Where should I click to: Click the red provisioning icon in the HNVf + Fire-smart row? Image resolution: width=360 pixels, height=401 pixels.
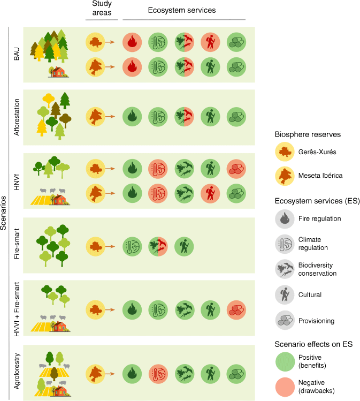236,310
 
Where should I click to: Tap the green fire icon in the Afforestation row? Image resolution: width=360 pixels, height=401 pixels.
132,117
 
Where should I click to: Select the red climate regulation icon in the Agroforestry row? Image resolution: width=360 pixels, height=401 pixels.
158,374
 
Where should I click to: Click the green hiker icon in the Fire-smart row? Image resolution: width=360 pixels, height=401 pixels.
184,246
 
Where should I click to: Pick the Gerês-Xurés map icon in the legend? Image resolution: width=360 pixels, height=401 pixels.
285,152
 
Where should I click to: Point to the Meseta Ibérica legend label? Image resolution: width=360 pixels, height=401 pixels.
320,176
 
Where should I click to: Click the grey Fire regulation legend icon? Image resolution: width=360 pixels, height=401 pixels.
285,218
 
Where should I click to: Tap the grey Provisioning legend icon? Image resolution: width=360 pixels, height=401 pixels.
285,320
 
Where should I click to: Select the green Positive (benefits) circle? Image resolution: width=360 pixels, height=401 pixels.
285,361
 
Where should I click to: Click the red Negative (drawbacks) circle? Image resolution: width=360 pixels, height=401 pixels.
285,387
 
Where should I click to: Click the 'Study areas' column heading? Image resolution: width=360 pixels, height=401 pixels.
102,8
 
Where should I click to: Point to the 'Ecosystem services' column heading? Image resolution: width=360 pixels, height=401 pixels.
182,10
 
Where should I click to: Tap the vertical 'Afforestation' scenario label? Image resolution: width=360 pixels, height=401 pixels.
17,117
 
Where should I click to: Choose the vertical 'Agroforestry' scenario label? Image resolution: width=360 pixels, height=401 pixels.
17,371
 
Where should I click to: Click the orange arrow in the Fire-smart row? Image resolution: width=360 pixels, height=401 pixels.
110,246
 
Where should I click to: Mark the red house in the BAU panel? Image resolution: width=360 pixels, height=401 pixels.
58,72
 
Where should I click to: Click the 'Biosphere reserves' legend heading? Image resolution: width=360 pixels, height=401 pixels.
308,134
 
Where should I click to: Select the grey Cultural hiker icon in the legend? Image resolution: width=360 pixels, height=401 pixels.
285,294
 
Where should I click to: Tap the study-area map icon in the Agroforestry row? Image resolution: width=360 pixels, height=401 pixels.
95,374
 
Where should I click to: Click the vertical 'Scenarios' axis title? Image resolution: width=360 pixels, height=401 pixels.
3,213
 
